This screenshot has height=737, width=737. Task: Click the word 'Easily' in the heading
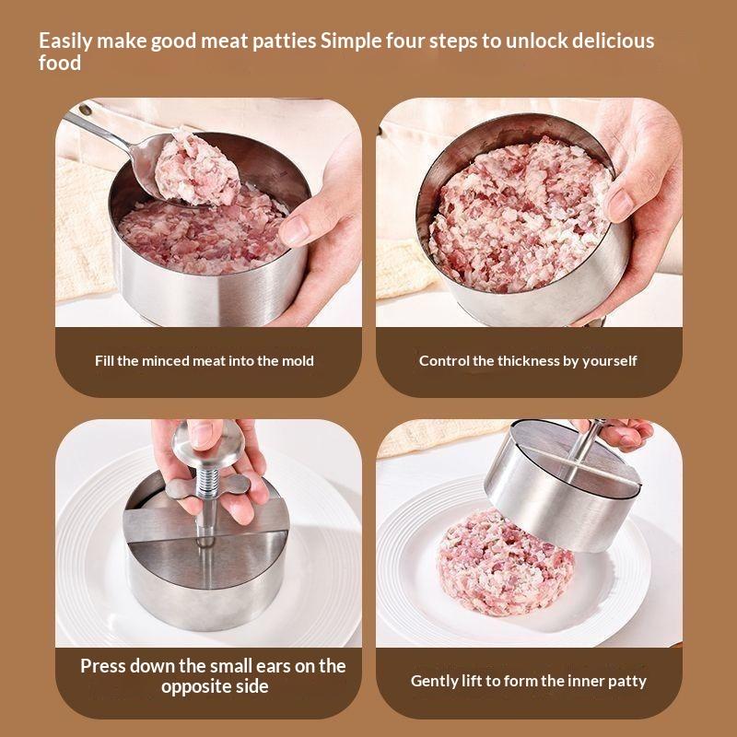click(x=65, y=41)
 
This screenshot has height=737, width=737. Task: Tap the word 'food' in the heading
click(x=60, y=63)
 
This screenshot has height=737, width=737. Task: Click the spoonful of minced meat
click(x=196, y=169)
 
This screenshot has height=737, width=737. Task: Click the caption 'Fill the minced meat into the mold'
click(x=204, y=361)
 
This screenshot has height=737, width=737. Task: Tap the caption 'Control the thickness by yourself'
click(x=528, y=361)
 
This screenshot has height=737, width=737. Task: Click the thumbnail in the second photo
click(x=619, y=204)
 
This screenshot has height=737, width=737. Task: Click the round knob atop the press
click(x=208, y=443)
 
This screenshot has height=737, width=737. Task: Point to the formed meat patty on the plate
click(x=505, y=564)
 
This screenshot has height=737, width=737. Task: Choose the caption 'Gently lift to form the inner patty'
click(x=528, y=681)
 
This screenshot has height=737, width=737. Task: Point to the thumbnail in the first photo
click(x=294, y=230)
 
